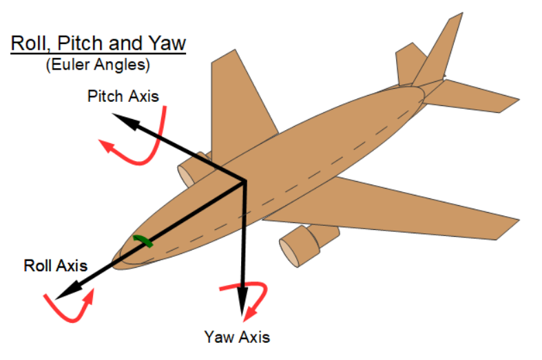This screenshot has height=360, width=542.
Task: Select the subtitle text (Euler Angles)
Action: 98,66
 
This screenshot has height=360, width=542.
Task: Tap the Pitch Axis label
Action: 123,96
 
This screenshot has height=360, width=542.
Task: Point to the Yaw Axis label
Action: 237,337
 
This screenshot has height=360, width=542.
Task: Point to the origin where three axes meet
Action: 244,182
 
